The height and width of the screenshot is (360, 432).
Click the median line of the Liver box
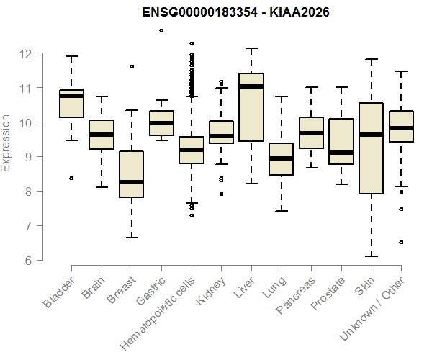pyautogui.click(x=251, y=86)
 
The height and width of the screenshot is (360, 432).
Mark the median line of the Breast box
pyautogui.click(x=131, y=182)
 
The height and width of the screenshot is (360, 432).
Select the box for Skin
pyautogui.click(x=371, y=148)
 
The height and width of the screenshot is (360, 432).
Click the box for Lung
pyautogui.click(x=281, y=159)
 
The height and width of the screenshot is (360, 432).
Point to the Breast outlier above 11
pyautogui.click(x=131, y=66)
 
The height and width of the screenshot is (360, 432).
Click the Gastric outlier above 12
pyautogui.click(x=161, y=30)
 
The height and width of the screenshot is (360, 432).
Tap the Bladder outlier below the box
pyautogui.click(x=71, y=178)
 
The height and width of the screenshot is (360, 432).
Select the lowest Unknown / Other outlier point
pyautogui.click(x=401, y=242)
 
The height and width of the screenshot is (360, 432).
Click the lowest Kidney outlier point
pyautogui.click(x=221, y=194)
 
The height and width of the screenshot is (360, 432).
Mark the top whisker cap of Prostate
pyautogui.click(x=341, y=87)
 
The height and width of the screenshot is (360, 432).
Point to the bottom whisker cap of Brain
pyautogui.click(x=101, y=187)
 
